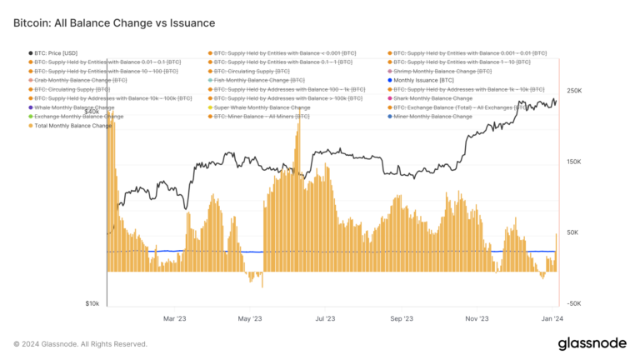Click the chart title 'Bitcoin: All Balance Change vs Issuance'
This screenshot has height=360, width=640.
(x=114, y=23)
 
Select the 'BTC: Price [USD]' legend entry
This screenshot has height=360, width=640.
(x=55, y=52)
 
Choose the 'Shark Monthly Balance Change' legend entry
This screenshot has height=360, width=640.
(x=436, y=98)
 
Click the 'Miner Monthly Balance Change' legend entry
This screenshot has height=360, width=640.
(x=432, y=117)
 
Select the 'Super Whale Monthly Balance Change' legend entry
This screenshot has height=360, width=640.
(x=262, y=107)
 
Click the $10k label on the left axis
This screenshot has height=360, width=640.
(x=92, y=304)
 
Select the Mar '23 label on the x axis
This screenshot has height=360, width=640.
(x=173, y=318)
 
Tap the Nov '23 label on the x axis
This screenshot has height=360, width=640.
(x=477, y=318)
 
